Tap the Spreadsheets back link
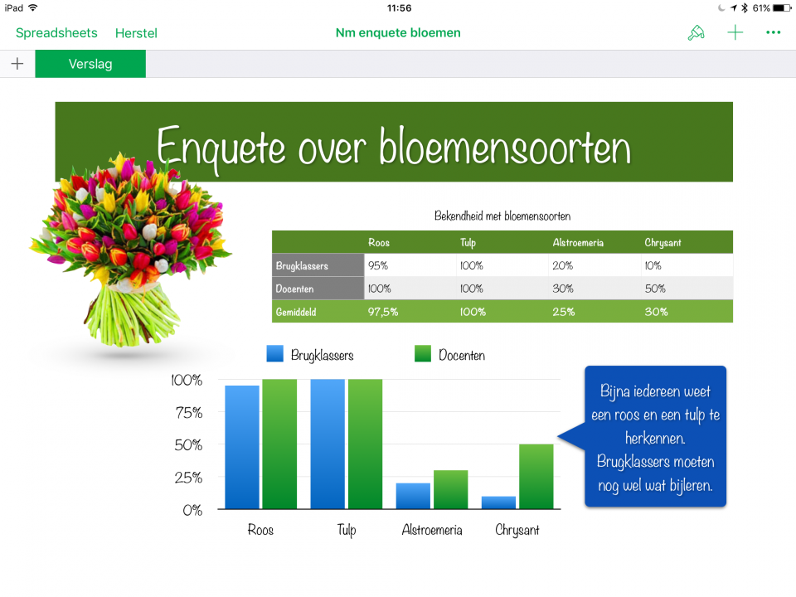(56, 33)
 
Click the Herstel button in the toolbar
(136, 33)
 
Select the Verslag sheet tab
(90, 64)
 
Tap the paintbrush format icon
(696, 33)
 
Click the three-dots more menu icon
(774, 33)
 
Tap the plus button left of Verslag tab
(17, 64)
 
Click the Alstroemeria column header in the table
(578, 243)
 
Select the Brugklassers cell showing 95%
(378, 266)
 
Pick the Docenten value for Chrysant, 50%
(655, 289)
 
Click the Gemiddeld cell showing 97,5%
(382, 312)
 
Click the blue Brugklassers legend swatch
(274, 354)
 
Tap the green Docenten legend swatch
(423, 354)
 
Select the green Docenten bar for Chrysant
(536, 477)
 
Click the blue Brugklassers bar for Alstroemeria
(413, 496)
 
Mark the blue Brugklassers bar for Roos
(242, 448)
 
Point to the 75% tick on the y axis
(187, 413)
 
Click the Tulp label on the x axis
(347, 530)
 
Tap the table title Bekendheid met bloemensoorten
(502, 216)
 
